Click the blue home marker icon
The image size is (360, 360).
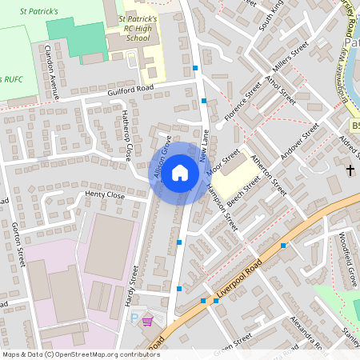click(180, 172)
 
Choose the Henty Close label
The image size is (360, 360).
click(105, 195)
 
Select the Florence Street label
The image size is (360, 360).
click(242, 106)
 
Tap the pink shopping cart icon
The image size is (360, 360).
click(147, 321)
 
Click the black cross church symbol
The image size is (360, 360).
click(350, 170)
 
